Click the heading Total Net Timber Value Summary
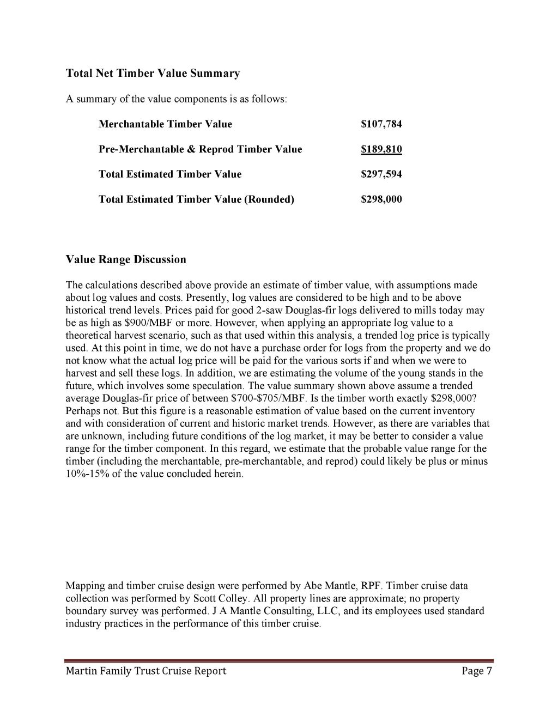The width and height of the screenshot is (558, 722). click(153, 74)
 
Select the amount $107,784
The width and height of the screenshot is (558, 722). click(381, 124)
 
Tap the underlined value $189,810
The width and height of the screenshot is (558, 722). click(381, 149)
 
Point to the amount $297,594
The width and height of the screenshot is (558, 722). click(381, 174)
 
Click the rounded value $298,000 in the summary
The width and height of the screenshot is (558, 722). click(381, 199)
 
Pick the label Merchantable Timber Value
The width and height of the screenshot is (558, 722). click(165, 124)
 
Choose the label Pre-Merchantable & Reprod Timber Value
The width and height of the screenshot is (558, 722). click(200, 149)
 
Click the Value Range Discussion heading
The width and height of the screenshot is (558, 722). click(126, 259)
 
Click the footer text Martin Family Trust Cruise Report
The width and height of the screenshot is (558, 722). click(145, 671)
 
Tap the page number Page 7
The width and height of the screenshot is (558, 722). click(477, 671)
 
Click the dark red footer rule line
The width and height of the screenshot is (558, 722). click(279, 661)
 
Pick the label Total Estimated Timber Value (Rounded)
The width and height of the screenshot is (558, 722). click(196, 199)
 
